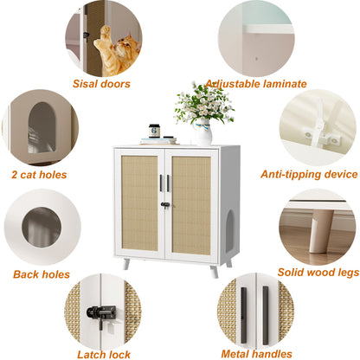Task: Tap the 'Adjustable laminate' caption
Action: [255, 84]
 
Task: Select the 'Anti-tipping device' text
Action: [309, 174]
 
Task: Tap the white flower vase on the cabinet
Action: [202, 132]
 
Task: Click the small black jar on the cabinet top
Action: [154, 130]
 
